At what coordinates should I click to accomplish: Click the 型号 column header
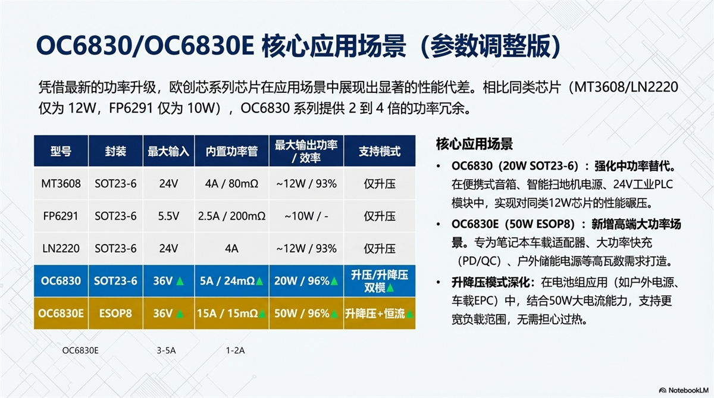click(61, 151)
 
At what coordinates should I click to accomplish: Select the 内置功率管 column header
click(231, 151)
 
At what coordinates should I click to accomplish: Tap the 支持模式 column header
click(380, 151)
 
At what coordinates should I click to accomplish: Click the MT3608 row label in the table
click(61, 184)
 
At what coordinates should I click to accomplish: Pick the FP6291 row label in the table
click(61, 217)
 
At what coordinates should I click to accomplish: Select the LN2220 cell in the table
click(61, 249)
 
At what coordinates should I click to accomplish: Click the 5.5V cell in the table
click(168, 217)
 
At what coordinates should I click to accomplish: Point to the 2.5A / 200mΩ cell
click(231, 217)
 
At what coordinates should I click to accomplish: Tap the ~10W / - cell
click(306, 217)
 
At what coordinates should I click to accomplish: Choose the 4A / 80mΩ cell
click(231, 184)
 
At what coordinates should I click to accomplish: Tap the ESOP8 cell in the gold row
click(115, 314)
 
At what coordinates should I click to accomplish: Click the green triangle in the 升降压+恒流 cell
click(409, 315)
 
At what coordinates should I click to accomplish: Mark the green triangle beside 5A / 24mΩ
click(259, 281)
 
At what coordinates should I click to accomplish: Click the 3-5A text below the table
click(166, 351)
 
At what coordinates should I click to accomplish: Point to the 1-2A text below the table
click(235, 351)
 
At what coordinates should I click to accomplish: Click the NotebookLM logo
click(684, 390)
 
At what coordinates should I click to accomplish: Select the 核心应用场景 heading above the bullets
click(474, 144)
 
